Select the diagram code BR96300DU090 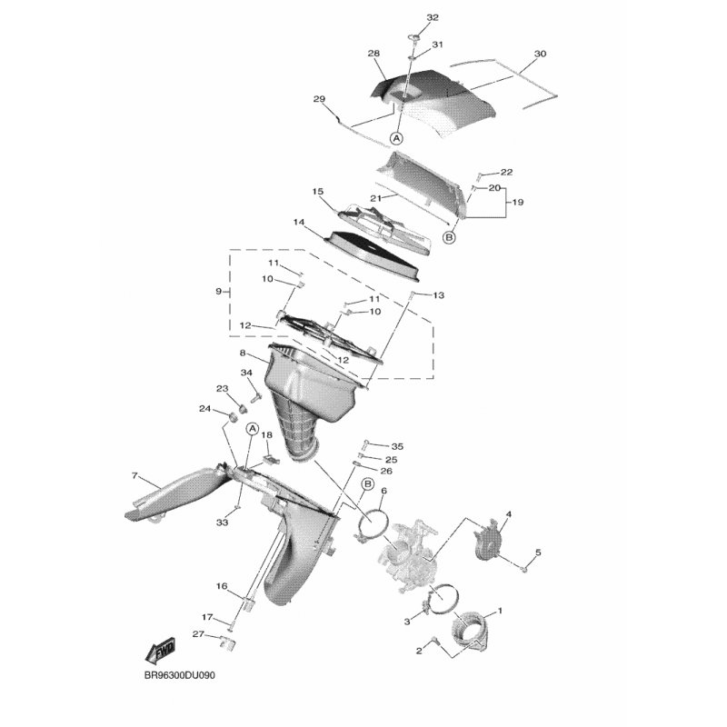pyautogui.click(x=179, y=675)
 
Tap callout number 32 pyautogui.click(x=433, y=17)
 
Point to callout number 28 pyautogui.click(x=373, y=54)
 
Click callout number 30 pyautogui.click(x=540, y=54)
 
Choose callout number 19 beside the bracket pyautogui.click(x=517, y=202)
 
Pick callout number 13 pyautogui.click(x=438, y=294)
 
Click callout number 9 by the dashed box pyautogui.click(x=219, y=292)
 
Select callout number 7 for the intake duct pyautogui.click(x=134, y=475)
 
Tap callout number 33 pyautogui.click(x=222, y=523)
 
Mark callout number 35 pyautogui.click(x=397, y=446)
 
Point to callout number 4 pyautogui.click(x=509, y=514)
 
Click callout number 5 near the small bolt pyautogui.click(x=538, y=553)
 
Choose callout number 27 pyautogui.click(x=198, y=633)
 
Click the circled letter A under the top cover pyautogui.click(x=396, y=138)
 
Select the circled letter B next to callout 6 pyautogui.click(x=368, y=484)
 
